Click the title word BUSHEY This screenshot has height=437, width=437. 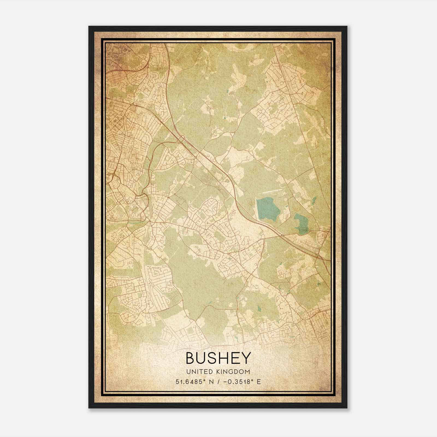tap(218, 358)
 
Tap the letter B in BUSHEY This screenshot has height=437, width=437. tap(191, 358)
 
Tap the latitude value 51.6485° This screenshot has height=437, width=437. tap(190, 382)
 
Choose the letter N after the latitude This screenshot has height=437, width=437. tap(210, 382)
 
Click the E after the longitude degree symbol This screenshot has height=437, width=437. tap(259, 382)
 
